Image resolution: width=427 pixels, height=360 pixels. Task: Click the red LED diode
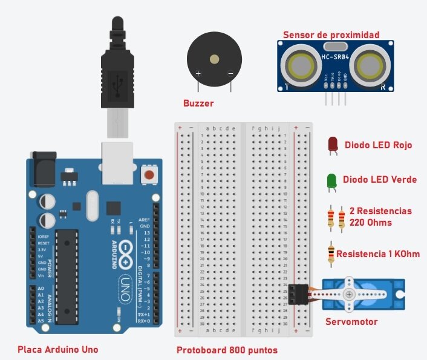333,144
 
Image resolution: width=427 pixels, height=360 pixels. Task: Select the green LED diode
332,180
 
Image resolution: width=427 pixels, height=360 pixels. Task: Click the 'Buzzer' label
198,103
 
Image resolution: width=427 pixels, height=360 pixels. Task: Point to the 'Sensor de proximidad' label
331,34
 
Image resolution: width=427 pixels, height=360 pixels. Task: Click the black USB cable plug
117,67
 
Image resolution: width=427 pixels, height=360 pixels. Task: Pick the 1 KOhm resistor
330,254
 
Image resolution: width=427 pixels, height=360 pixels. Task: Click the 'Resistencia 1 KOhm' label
378,254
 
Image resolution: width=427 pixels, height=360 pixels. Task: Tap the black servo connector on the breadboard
298,293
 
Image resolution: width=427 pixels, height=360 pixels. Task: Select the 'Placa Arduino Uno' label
58,349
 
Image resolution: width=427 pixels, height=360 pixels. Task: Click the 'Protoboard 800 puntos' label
227,350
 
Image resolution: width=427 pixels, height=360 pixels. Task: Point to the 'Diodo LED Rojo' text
378,145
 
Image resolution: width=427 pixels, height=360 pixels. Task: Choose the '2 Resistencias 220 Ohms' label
380,217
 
